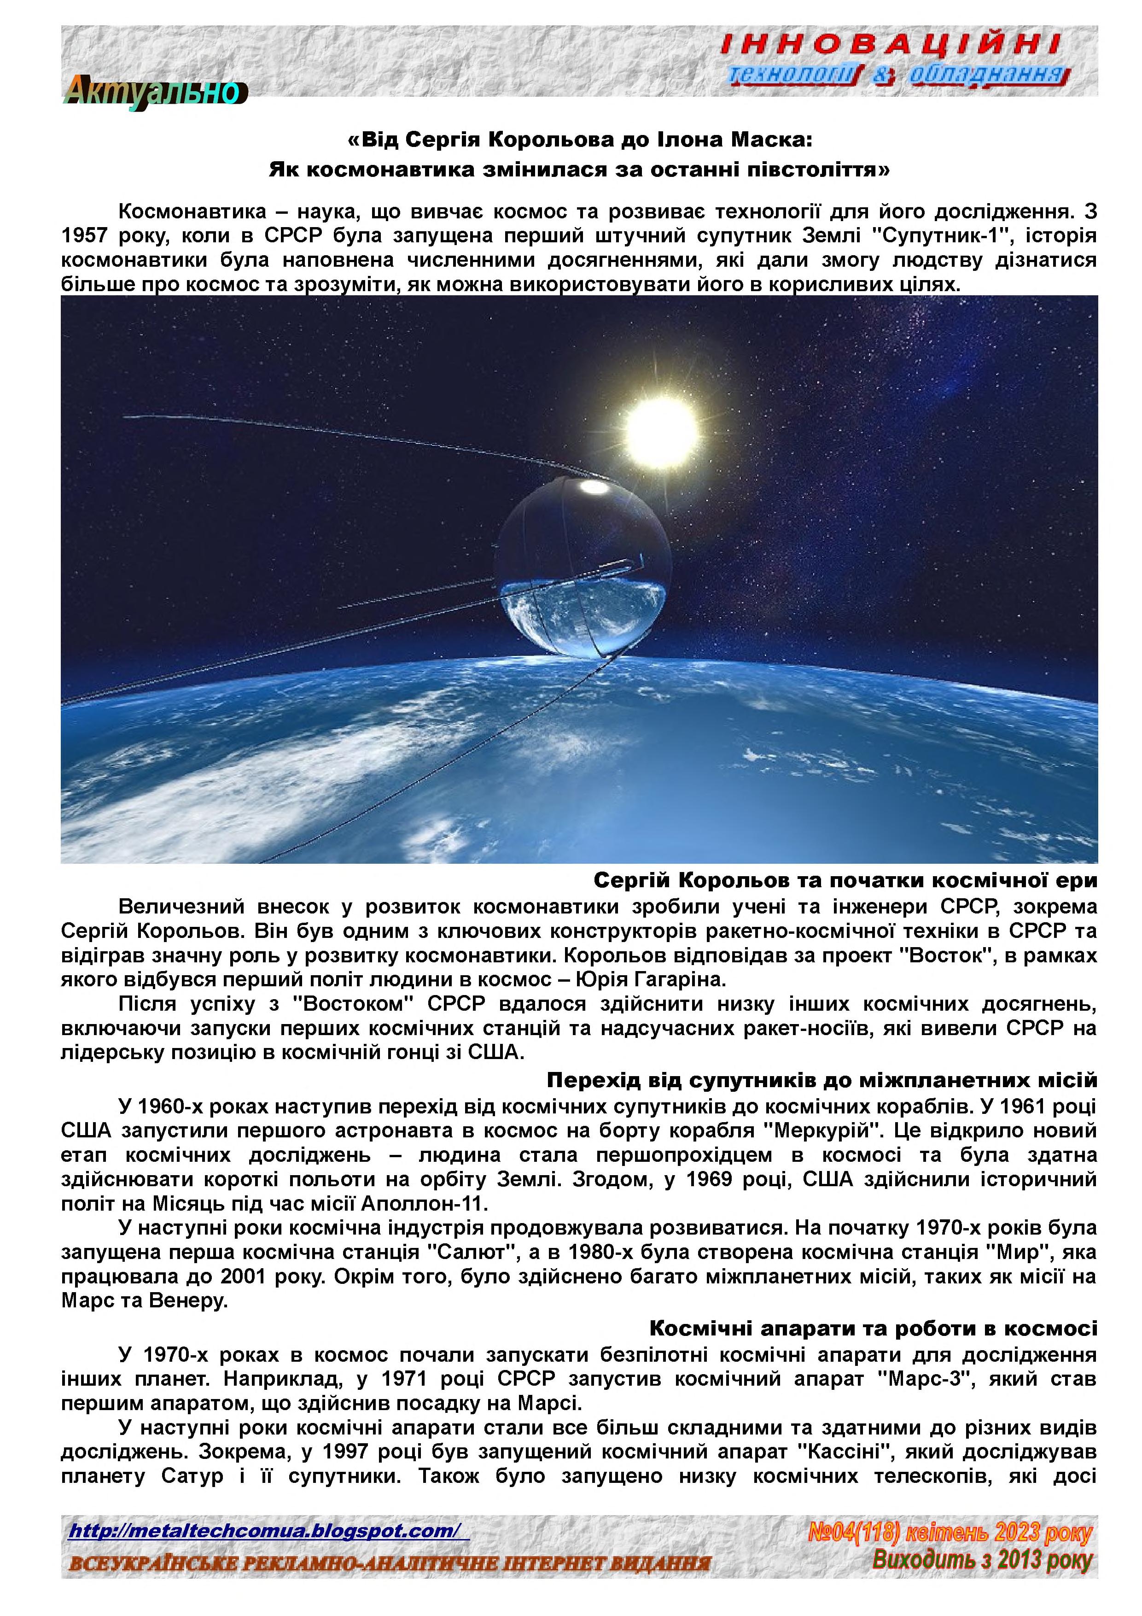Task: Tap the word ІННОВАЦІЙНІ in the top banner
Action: tap(890, 46)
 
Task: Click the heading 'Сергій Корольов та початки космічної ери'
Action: tap(845, 880)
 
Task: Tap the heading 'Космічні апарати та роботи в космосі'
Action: tap(873, 1328)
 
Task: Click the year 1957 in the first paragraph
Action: tap(86, 236)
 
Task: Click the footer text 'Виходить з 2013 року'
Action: tap(982, 1560)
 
